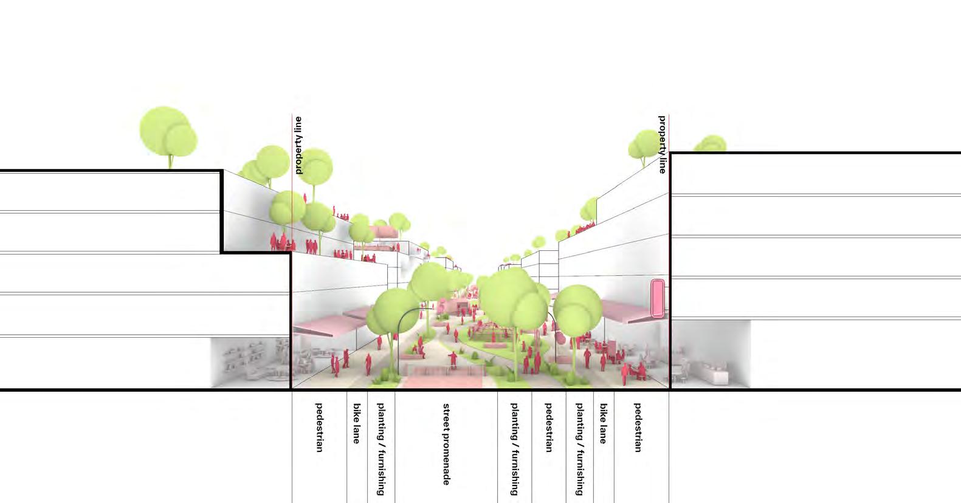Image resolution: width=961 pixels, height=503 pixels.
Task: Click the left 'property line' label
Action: coord(298,146)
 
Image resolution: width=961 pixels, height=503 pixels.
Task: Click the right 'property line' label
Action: coord(663,145)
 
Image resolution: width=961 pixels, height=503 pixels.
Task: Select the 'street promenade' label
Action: coord(446,444)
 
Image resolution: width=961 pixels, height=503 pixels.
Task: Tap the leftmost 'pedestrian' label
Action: coord(319,427)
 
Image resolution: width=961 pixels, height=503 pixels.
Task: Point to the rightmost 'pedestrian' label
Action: coord(638,427)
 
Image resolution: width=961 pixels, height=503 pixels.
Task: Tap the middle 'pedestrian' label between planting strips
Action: coord(548,427)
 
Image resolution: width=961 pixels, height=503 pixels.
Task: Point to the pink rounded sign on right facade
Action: coord(657,298)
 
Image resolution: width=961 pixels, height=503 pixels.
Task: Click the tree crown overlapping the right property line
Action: coord(646,145)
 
